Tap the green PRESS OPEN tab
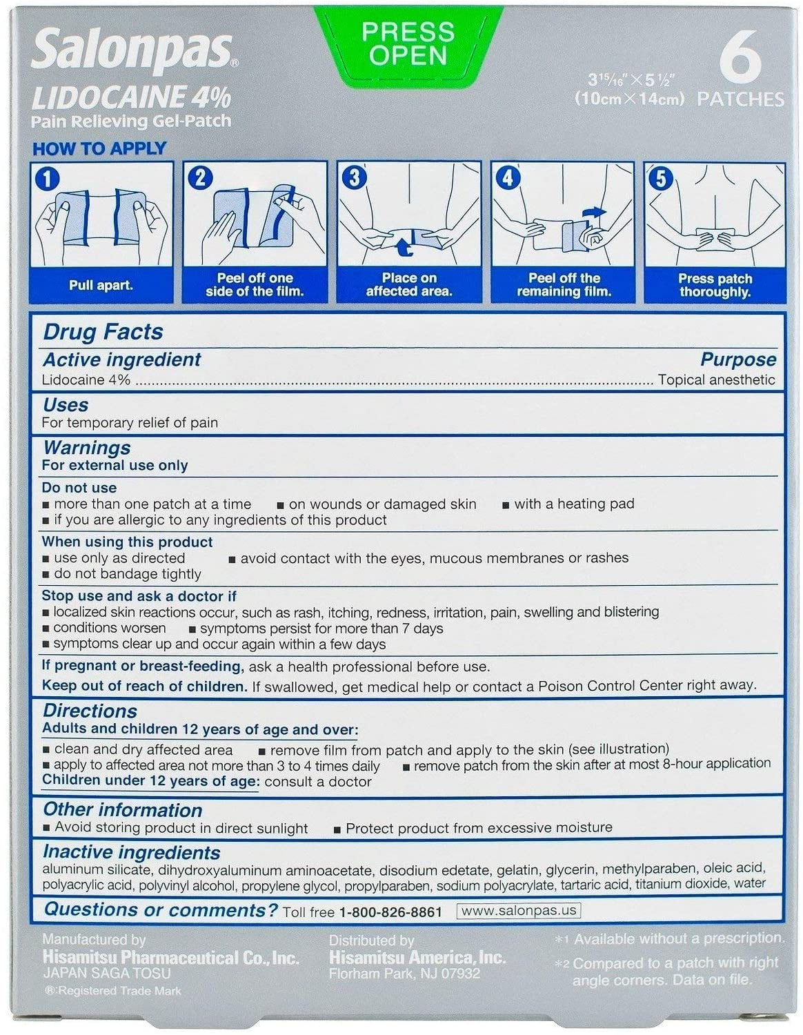coord(408,43)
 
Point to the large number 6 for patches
coord(741,60)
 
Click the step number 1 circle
coord(47,179)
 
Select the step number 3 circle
coord(354,178)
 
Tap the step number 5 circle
coord(660,179)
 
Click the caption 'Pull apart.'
coord(101,285)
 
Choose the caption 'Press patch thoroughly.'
coord(715,285)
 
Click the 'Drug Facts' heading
coord(103,332)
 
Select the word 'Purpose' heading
coord(737,359)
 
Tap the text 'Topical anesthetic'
coord(716,380)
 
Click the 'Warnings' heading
coord(86,448)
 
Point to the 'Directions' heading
coord(90,711)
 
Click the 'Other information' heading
coord(122,810)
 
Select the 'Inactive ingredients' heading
coord(131,853)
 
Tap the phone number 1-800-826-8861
coord(390,912)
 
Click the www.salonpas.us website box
coord(518,911)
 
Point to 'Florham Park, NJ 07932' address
coord(404,974)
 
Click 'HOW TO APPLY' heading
coord(99,148)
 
